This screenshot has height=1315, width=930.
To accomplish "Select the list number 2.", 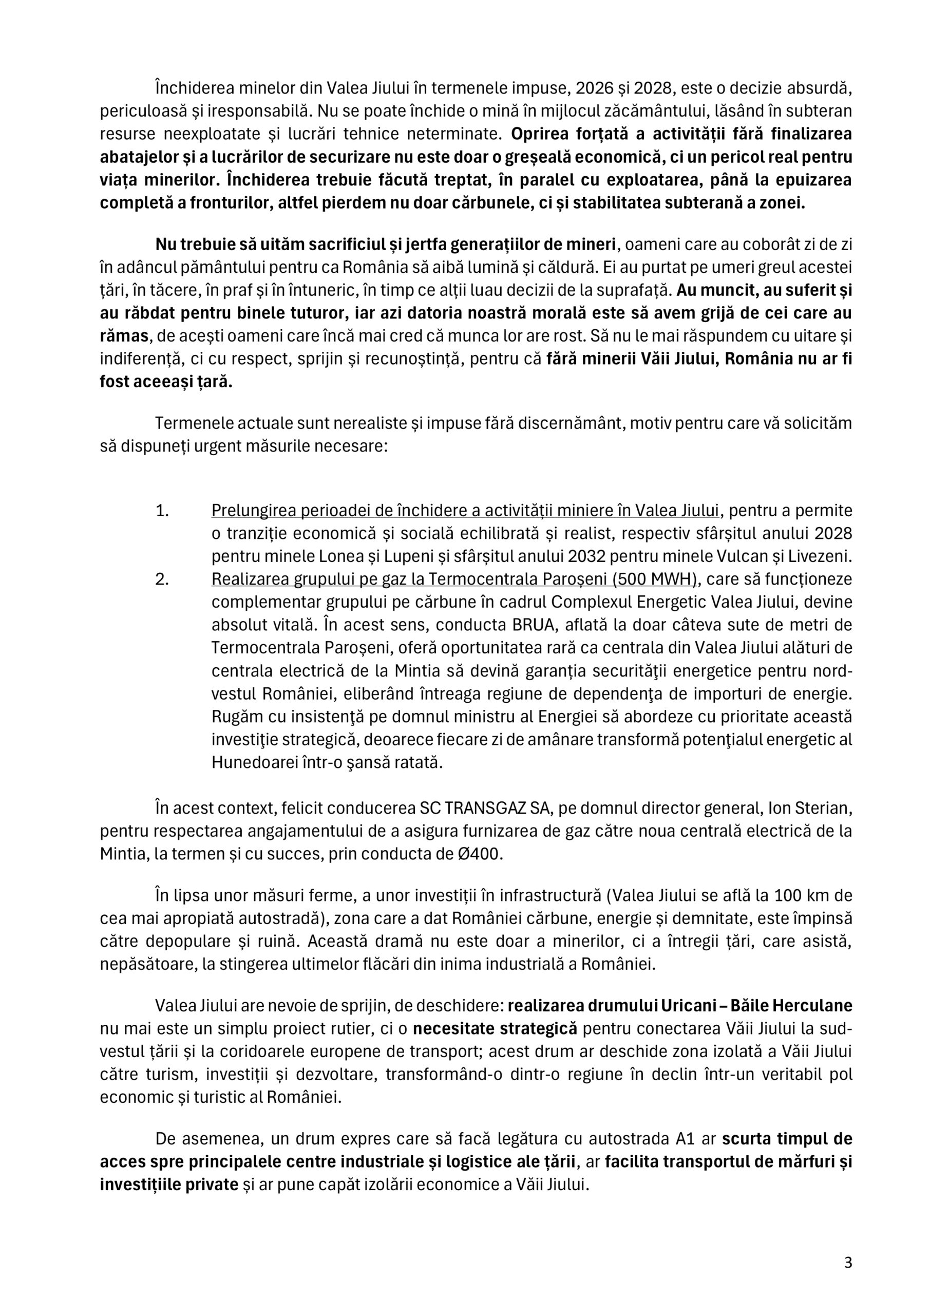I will pyautogui.click(x=162, y=579).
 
